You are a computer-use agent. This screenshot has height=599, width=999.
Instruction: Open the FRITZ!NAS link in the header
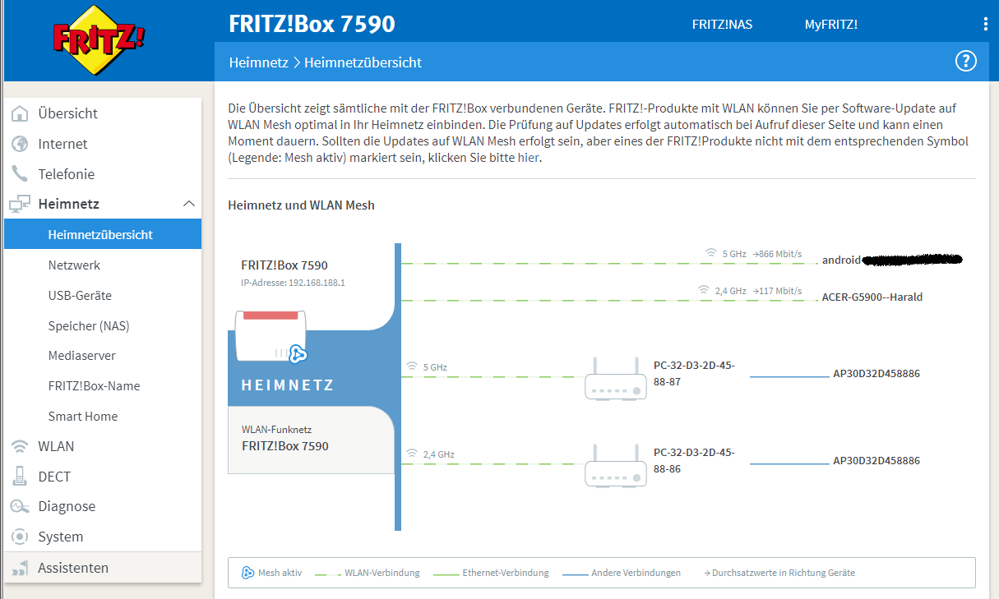coord(722,25)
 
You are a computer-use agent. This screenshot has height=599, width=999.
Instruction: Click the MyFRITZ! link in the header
coord(830,25)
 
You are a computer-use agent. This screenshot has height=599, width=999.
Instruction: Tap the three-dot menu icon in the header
coord(985,25)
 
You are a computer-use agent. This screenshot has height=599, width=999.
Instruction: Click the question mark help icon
coord(965,61)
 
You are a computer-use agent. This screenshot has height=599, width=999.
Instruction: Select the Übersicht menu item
coord(67,113)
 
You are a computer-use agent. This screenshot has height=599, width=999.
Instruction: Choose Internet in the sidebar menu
coord(62,144)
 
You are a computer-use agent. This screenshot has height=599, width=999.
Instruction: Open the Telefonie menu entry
coord(66,174)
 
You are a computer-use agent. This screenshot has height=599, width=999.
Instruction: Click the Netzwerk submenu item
coord(74,265)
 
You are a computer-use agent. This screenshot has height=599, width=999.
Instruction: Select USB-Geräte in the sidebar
coord(80,296)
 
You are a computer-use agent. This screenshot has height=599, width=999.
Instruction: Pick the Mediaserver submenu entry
coord(81,356)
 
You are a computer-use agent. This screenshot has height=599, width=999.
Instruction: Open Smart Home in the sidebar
coord(82,417)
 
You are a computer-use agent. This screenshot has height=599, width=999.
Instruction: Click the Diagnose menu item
coord(67,507)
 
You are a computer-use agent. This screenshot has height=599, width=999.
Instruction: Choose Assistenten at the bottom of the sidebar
coord(72,568)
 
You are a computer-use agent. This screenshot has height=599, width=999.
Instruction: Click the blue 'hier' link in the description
coord(530,158)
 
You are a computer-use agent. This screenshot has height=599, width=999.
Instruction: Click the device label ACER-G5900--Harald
coord(872,297)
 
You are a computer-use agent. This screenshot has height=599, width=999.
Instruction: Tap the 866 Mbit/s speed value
coord(777,254)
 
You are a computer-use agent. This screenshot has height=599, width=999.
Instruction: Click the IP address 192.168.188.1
coord(317,283)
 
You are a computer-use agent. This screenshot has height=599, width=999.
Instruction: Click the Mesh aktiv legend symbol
coord(247,573)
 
